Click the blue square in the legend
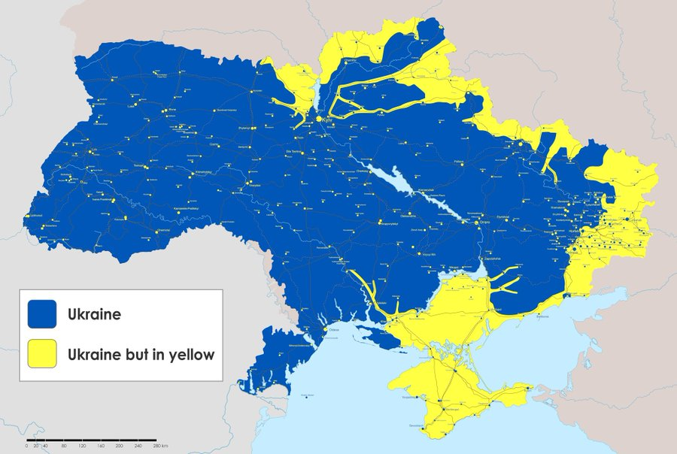tap(42, 314)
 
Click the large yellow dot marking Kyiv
tap(319, 120)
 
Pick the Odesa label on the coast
tap(335, 329)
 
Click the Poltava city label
tap(459, 162)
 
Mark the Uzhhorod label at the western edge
tap(33, 215)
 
